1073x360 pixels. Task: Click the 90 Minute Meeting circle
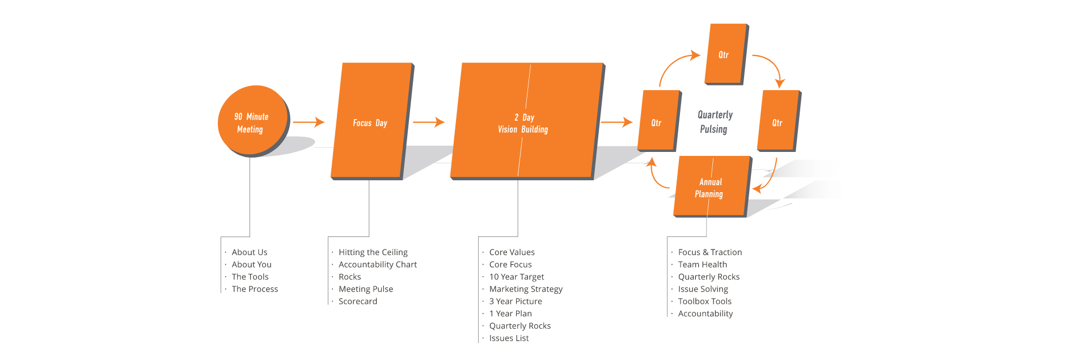point(252,121)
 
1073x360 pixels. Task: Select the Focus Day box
point(371,121)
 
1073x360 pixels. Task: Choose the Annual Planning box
point(711,187)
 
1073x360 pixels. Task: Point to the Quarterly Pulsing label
point(715,122)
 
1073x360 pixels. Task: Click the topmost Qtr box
point(725,54)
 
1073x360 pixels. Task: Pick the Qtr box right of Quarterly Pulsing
point(778,122)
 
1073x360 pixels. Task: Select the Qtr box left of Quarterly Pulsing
point(657,122)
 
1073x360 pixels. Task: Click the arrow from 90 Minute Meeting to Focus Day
point(309,122)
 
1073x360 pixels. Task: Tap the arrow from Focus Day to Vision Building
point(428,122)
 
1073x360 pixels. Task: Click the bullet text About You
point(251,265)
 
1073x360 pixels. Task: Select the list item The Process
point(255,289)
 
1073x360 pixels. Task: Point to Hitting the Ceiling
point(373,252)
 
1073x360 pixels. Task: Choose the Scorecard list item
point(357,302)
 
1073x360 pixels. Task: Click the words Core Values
point(512,252)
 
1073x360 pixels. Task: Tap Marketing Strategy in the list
point(526,289)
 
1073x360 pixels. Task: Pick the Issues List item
point(509,338)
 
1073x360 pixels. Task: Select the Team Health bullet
point(702,265)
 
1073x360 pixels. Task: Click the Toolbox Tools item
point(704,302)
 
